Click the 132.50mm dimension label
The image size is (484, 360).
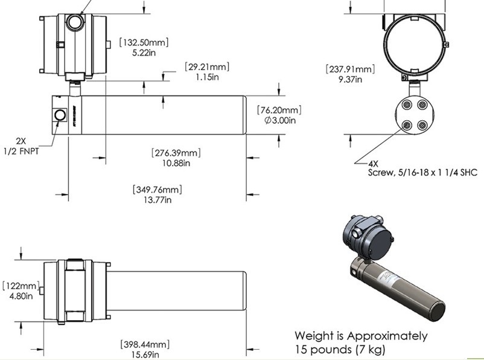144,43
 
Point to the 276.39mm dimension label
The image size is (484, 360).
176,153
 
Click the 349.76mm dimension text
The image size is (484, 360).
157,190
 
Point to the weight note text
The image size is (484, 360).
361,342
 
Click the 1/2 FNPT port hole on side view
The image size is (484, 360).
60,115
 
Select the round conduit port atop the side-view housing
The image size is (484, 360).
75,23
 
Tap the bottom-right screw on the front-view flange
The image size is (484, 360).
422,125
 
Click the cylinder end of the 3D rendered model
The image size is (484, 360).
435,309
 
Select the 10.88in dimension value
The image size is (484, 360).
176,163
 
